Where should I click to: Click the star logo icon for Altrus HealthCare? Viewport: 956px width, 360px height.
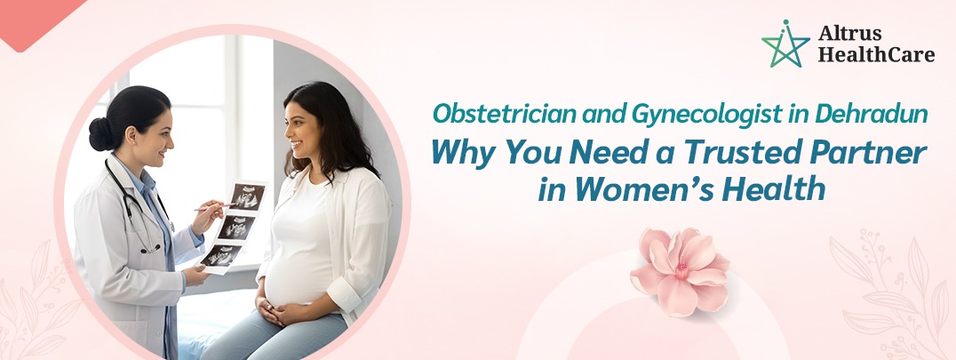(x=785, y=44)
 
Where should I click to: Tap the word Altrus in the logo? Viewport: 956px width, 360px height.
(x=845, y=35)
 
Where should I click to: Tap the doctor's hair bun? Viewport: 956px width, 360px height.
(x=100, y=134)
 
